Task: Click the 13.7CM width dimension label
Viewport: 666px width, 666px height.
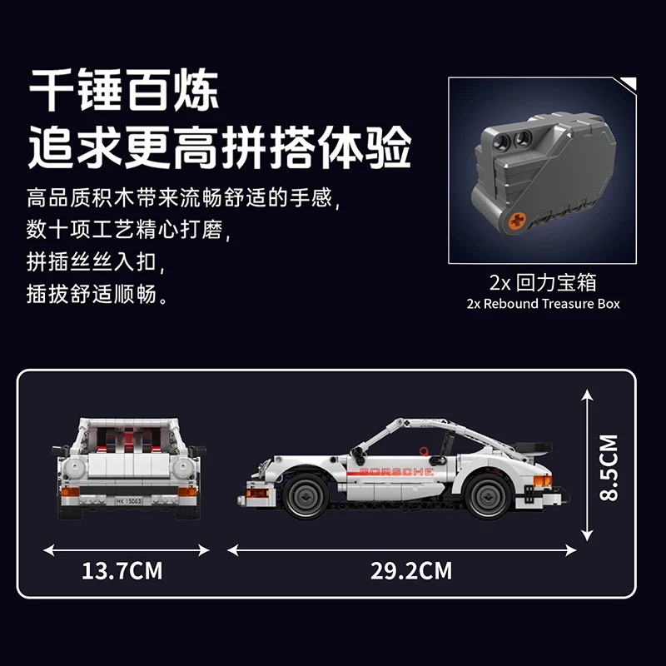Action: pos(122,570)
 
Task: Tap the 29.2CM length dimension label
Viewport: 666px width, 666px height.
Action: pos(411,570)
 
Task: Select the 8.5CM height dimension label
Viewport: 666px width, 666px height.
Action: pos(609,467)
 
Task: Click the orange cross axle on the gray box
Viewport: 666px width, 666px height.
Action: pos(517,220)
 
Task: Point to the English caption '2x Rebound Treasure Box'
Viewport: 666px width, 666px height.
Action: pos(543,304)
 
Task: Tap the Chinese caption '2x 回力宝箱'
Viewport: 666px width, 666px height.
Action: pos(543,282)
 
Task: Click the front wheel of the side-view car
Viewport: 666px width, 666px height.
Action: pos(306,496)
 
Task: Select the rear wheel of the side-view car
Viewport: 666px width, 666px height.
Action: pos(488,496)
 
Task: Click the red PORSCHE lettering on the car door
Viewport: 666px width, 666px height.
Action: pos(396,472)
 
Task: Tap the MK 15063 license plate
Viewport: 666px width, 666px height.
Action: pos(129,501)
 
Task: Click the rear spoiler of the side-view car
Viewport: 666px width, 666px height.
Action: pos(533,449)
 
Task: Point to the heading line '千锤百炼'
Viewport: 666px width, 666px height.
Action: pos(123,90)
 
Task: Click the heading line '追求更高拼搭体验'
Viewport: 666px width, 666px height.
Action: pos(220,147)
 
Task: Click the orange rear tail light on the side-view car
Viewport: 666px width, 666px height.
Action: pos(543,481)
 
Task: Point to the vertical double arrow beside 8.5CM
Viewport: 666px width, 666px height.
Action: pos(587,465)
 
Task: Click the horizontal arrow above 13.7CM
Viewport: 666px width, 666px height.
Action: pos(127,550)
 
